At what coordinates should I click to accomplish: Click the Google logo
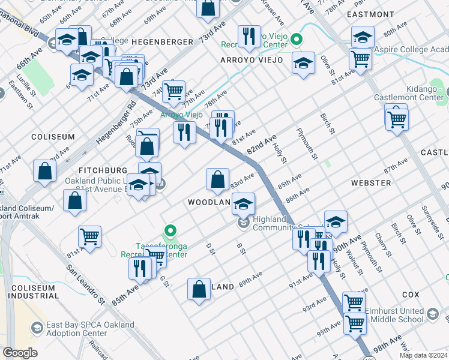[20, 353]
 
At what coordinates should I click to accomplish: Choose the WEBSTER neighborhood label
[371, 182]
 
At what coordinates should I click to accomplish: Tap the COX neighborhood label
[411, 295]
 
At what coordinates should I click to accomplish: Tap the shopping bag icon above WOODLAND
[217, 179]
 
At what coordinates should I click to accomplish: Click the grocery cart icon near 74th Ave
[173, 92]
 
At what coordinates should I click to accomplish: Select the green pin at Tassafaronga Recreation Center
[170, 230]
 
